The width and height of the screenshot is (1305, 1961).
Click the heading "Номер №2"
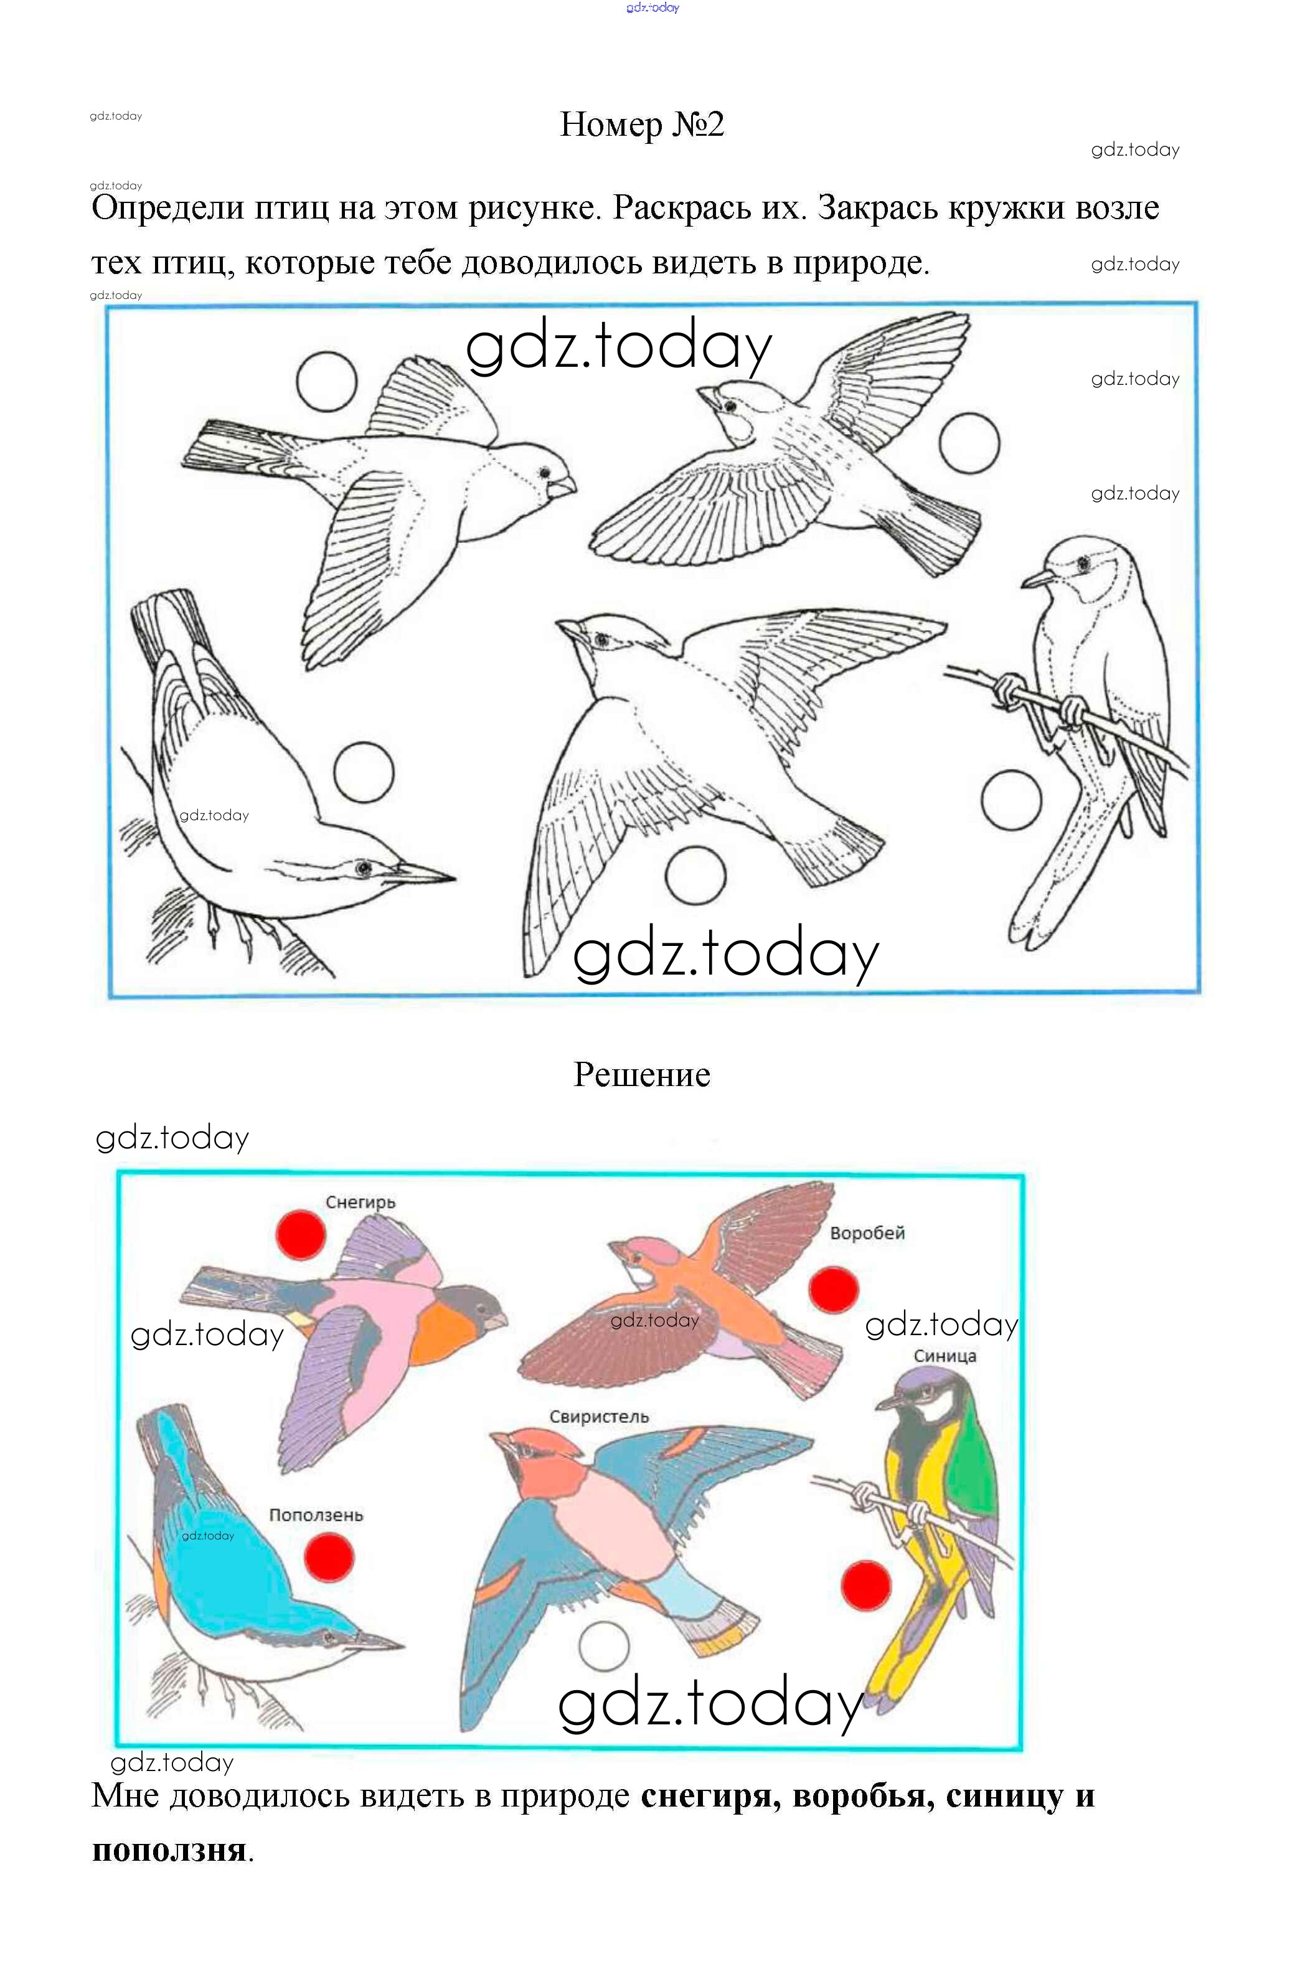642,125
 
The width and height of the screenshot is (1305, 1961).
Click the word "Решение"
642,1075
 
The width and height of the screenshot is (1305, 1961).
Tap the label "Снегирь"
360,1203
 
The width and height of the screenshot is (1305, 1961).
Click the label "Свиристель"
598,1417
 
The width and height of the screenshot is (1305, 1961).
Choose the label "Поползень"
316,1516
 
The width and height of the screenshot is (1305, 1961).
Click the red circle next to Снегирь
301,1235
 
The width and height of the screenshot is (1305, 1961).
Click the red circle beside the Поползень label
329,1557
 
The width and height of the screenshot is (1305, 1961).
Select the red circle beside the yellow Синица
867,1585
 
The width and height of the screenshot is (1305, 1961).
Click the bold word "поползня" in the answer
169,1850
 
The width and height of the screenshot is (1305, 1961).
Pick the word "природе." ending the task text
862,263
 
